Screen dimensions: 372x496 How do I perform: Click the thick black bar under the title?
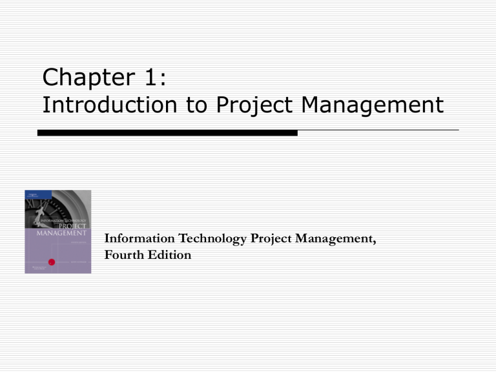pyautogui.click(x=167, y=132)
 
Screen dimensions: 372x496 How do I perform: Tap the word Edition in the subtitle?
pyautogui.click(x=170, y=255)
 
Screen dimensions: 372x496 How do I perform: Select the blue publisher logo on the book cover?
pyautogui.click(x=30, y=195)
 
